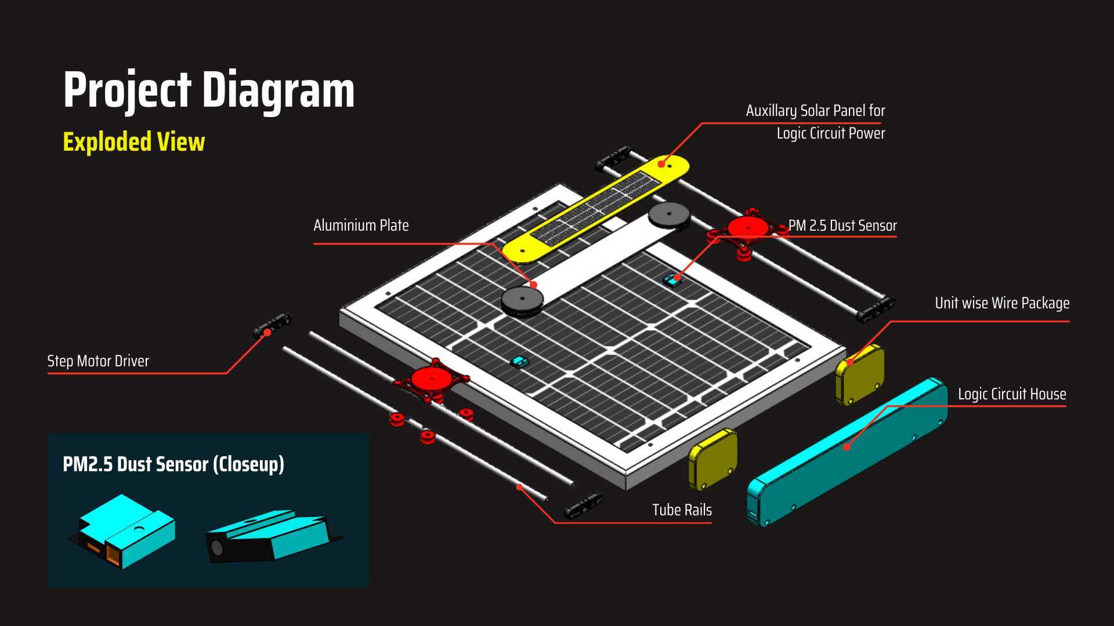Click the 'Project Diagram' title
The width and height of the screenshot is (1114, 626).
click(209, 90)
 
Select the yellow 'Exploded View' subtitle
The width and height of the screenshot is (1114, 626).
click(134, 142)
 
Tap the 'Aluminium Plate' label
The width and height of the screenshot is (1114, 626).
click(361, 225)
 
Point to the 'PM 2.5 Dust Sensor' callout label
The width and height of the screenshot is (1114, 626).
click(842, 225)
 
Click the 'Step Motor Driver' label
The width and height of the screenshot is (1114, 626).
click(98, 361)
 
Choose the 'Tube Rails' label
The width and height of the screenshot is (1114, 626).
click(682, 510)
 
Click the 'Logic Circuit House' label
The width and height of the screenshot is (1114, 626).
click(1012, 394)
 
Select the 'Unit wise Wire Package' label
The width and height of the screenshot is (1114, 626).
click(1002, 303)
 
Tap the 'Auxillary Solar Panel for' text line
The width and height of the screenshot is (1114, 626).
click(815, 111)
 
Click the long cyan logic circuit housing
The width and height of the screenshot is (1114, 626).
click(848, 452)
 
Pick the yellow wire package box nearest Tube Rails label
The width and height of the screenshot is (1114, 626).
click(713, 459)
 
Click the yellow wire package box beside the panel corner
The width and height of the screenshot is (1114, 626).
click(860, 374)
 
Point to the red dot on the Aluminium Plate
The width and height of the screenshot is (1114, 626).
click(533, 285)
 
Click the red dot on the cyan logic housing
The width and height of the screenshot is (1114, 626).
click(847, 447)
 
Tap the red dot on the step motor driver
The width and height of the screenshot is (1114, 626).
click(267, 333)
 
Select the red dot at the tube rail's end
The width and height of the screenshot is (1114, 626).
click(520, 487)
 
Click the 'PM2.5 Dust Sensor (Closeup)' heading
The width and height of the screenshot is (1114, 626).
click(173, 464)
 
